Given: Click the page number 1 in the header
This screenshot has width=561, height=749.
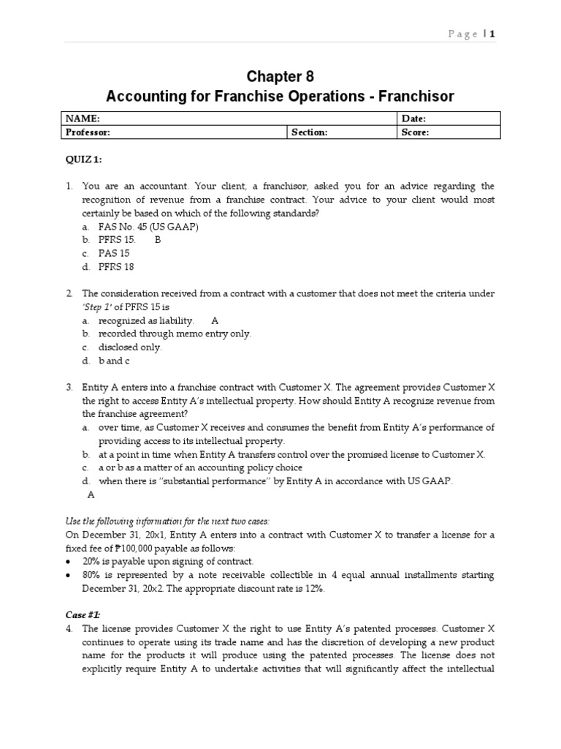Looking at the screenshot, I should point(492,34).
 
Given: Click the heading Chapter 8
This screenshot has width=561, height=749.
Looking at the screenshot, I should point(280,77).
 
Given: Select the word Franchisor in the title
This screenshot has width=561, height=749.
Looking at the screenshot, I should point(421,97).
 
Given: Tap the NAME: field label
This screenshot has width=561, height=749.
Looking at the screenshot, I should point(83,118).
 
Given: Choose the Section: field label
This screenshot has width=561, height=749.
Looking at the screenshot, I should point(310,132).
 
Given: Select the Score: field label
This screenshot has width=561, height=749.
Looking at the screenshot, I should point(415,132).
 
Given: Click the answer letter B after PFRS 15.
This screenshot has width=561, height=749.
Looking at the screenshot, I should point(157,240).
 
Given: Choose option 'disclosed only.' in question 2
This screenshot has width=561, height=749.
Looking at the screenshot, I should point(131,347).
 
